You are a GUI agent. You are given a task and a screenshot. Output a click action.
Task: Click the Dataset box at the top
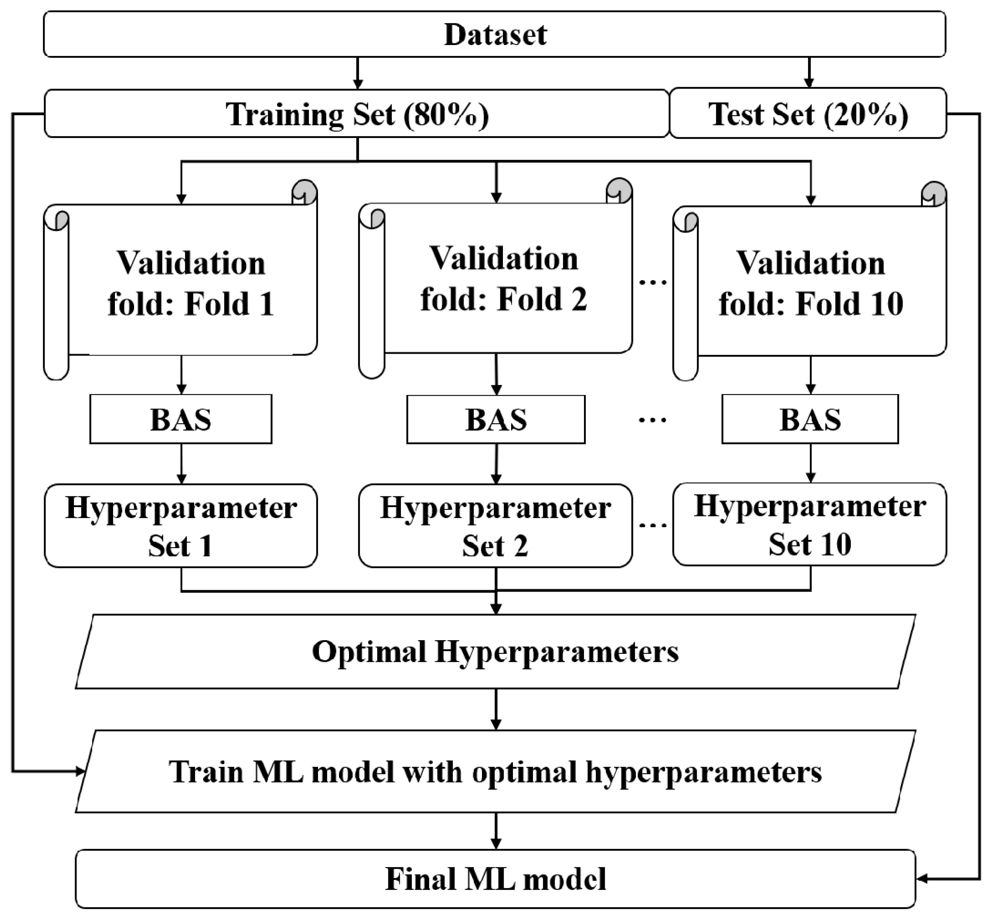pyautogui.click(x=495, y=34)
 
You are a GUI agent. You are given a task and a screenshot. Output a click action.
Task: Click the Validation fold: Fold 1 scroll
pyautogui.click(x=191, y=283)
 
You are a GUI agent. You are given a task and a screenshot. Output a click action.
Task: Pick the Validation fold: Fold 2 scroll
pyautogui.click(x=504, y=279)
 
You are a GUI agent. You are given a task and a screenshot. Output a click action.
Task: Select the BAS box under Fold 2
pyautogui.click(x=496, y=419)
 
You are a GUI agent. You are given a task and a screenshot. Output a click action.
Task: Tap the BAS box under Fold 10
pyautogui.click(x=810, y=419)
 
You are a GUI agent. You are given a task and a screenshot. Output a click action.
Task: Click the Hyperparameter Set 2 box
pyautogui.click(x=495, y=526)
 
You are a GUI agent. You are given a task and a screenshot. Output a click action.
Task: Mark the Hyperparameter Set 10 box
pyautogui.click(x=809, y=524)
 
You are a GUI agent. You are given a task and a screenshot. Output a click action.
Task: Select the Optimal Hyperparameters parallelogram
pyautogui.click(x=495, y=652)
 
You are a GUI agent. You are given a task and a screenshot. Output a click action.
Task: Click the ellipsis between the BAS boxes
pyautogui.click(x=652, y=420)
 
